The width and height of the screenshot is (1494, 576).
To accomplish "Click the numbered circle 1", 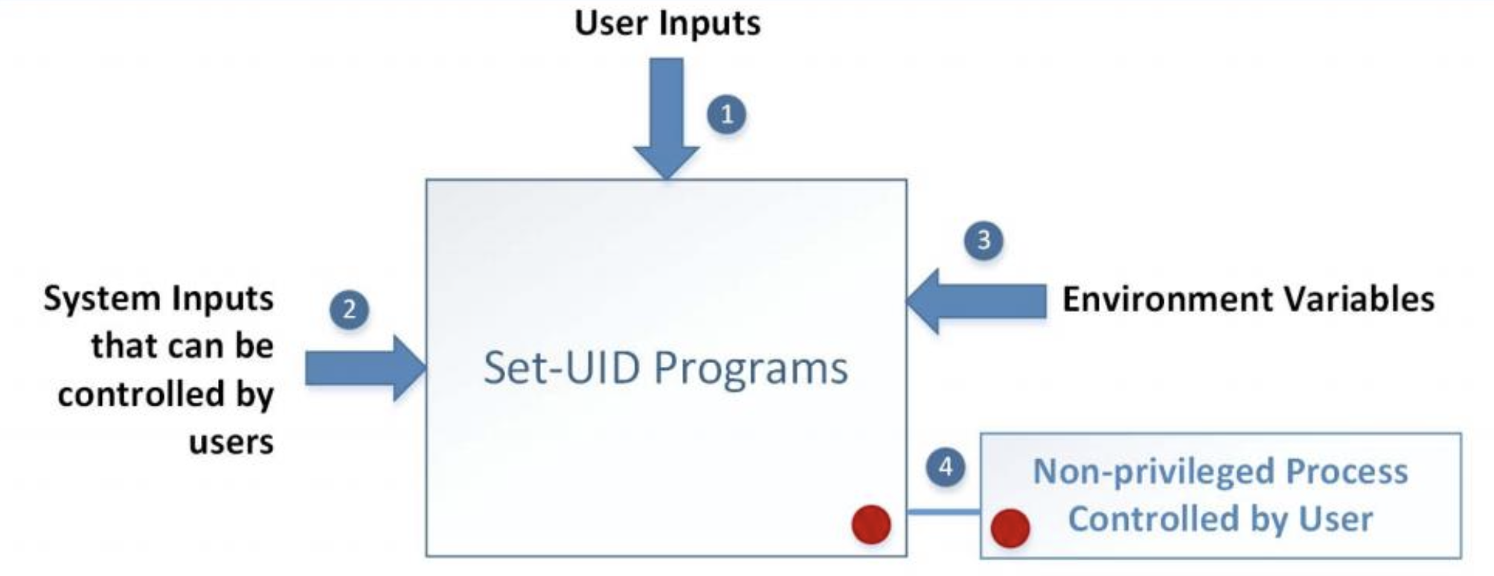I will pos(726,115).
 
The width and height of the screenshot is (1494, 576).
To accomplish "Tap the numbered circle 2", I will pos(349,309).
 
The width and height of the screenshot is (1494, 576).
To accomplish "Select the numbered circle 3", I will pos(983,240).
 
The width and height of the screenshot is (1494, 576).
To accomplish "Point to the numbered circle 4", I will pos(945,467).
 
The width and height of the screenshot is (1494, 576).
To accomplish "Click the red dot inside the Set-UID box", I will pos(871,524).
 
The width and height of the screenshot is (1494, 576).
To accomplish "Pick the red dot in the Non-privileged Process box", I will pos(1010,528).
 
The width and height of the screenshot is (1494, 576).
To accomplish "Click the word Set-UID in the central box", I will pos(561,368).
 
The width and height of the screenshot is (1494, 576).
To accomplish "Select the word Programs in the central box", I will pos(751,369).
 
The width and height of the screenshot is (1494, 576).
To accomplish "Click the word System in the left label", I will pos(102,299).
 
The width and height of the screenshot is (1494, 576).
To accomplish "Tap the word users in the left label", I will pos(231,442).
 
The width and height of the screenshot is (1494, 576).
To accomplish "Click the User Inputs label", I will pos(667,22).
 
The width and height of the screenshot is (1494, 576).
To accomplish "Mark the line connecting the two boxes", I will pos(943,511).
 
